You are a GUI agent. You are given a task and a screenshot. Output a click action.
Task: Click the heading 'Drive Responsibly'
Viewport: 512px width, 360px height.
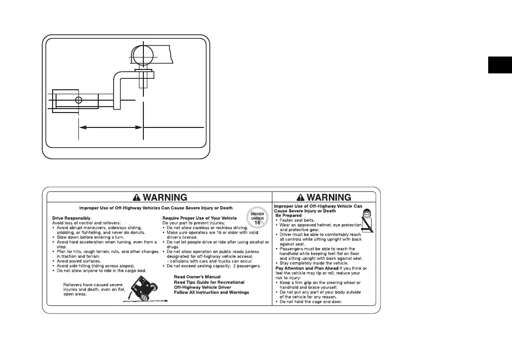pyautogui.click(x=71, y=218)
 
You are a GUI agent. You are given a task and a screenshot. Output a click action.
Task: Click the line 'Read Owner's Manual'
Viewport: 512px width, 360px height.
pyautogui.click(x=197, y=276)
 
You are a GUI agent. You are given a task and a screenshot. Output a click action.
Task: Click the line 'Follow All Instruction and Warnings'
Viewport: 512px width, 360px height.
pyautogui.click(x=211, y=293)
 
